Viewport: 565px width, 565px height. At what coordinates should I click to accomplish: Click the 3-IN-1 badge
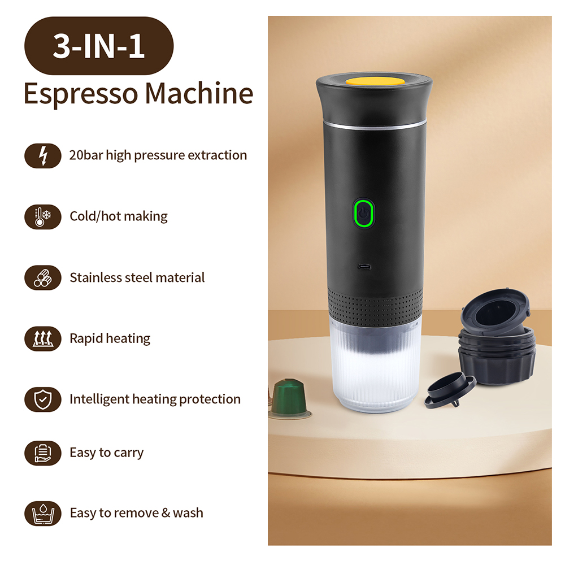[99, 46]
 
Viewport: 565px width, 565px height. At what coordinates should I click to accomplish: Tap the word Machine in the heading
[199, 93]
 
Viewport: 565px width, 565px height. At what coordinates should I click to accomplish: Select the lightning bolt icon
[43, 156]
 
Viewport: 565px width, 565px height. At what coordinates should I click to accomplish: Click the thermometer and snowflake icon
[43, 217]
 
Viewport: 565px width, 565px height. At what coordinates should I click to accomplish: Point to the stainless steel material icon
[43, 278]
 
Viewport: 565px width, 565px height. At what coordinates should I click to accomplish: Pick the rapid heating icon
[43, 338]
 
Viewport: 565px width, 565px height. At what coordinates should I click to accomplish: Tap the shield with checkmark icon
[43, 399]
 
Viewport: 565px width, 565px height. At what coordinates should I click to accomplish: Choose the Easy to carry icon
[43, 453]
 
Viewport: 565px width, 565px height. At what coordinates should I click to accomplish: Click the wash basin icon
[43, 514]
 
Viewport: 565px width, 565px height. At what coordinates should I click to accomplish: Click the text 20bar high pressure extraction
[158, 156]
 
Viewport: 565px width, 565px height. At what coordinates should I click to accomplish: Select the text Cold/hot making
[119, 216]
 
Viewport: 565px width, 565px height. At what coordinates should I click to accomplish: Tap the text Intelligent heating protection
[155, 399]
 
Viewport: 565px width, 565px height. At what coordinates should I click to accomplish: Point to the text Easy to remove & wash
[137, 513]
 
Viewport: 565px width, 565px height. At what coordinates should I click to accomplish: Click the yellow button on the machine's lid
[375, 81]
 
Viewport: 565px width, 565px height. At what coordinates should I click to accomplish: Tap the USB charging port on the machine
[364, 267]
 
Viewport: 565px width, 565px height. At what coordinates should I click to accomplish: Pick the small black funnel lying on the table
[450, 390]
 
